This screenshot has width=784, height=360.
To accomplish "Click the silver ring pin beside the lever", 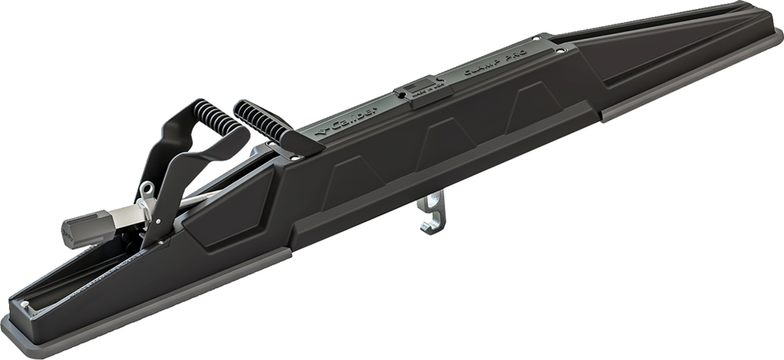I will click(147, 191).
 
